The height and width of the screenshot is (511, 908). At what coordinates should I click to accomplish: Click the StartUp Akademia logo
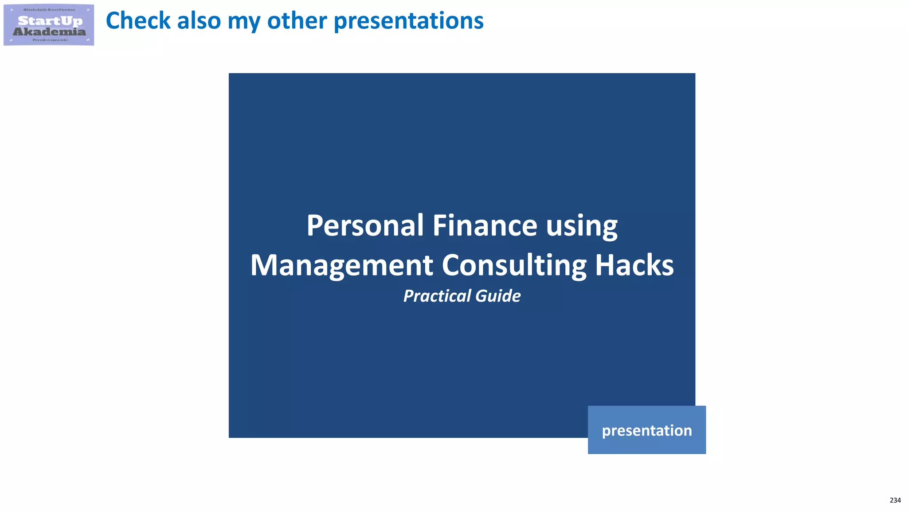[x=49, y=25]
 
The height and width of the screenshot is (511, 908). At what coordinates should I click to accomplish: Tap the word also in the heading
[x=199, y=21]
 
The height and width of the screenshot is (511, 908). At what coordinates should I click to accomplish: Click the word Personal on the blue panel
[x=365, y=226]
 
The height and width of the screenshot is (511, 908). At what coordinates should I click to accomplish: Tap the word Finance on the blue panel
[x=485, y=226]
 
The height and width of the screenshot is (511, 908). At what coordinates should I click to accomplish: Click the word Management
[x=341, y=266]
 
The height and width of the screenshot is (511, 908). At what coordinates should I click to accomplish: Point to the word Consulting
[x=514, y=266]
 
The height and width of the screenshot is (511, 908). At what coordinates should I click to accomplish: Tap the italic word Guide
[x=498, y=296]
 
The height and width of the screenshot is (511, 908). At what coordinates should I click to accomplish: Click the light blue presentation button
[x=646, y=430]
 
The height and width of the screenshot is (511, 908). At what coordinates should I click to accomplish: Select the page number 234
[x=895, y=500]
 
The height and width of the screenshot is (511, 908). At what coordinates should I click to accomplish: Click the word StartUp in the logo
[x=50, y=21]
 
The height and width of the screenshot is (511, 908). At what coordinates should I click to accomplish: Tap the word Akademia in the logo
[x=49, y=31]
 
